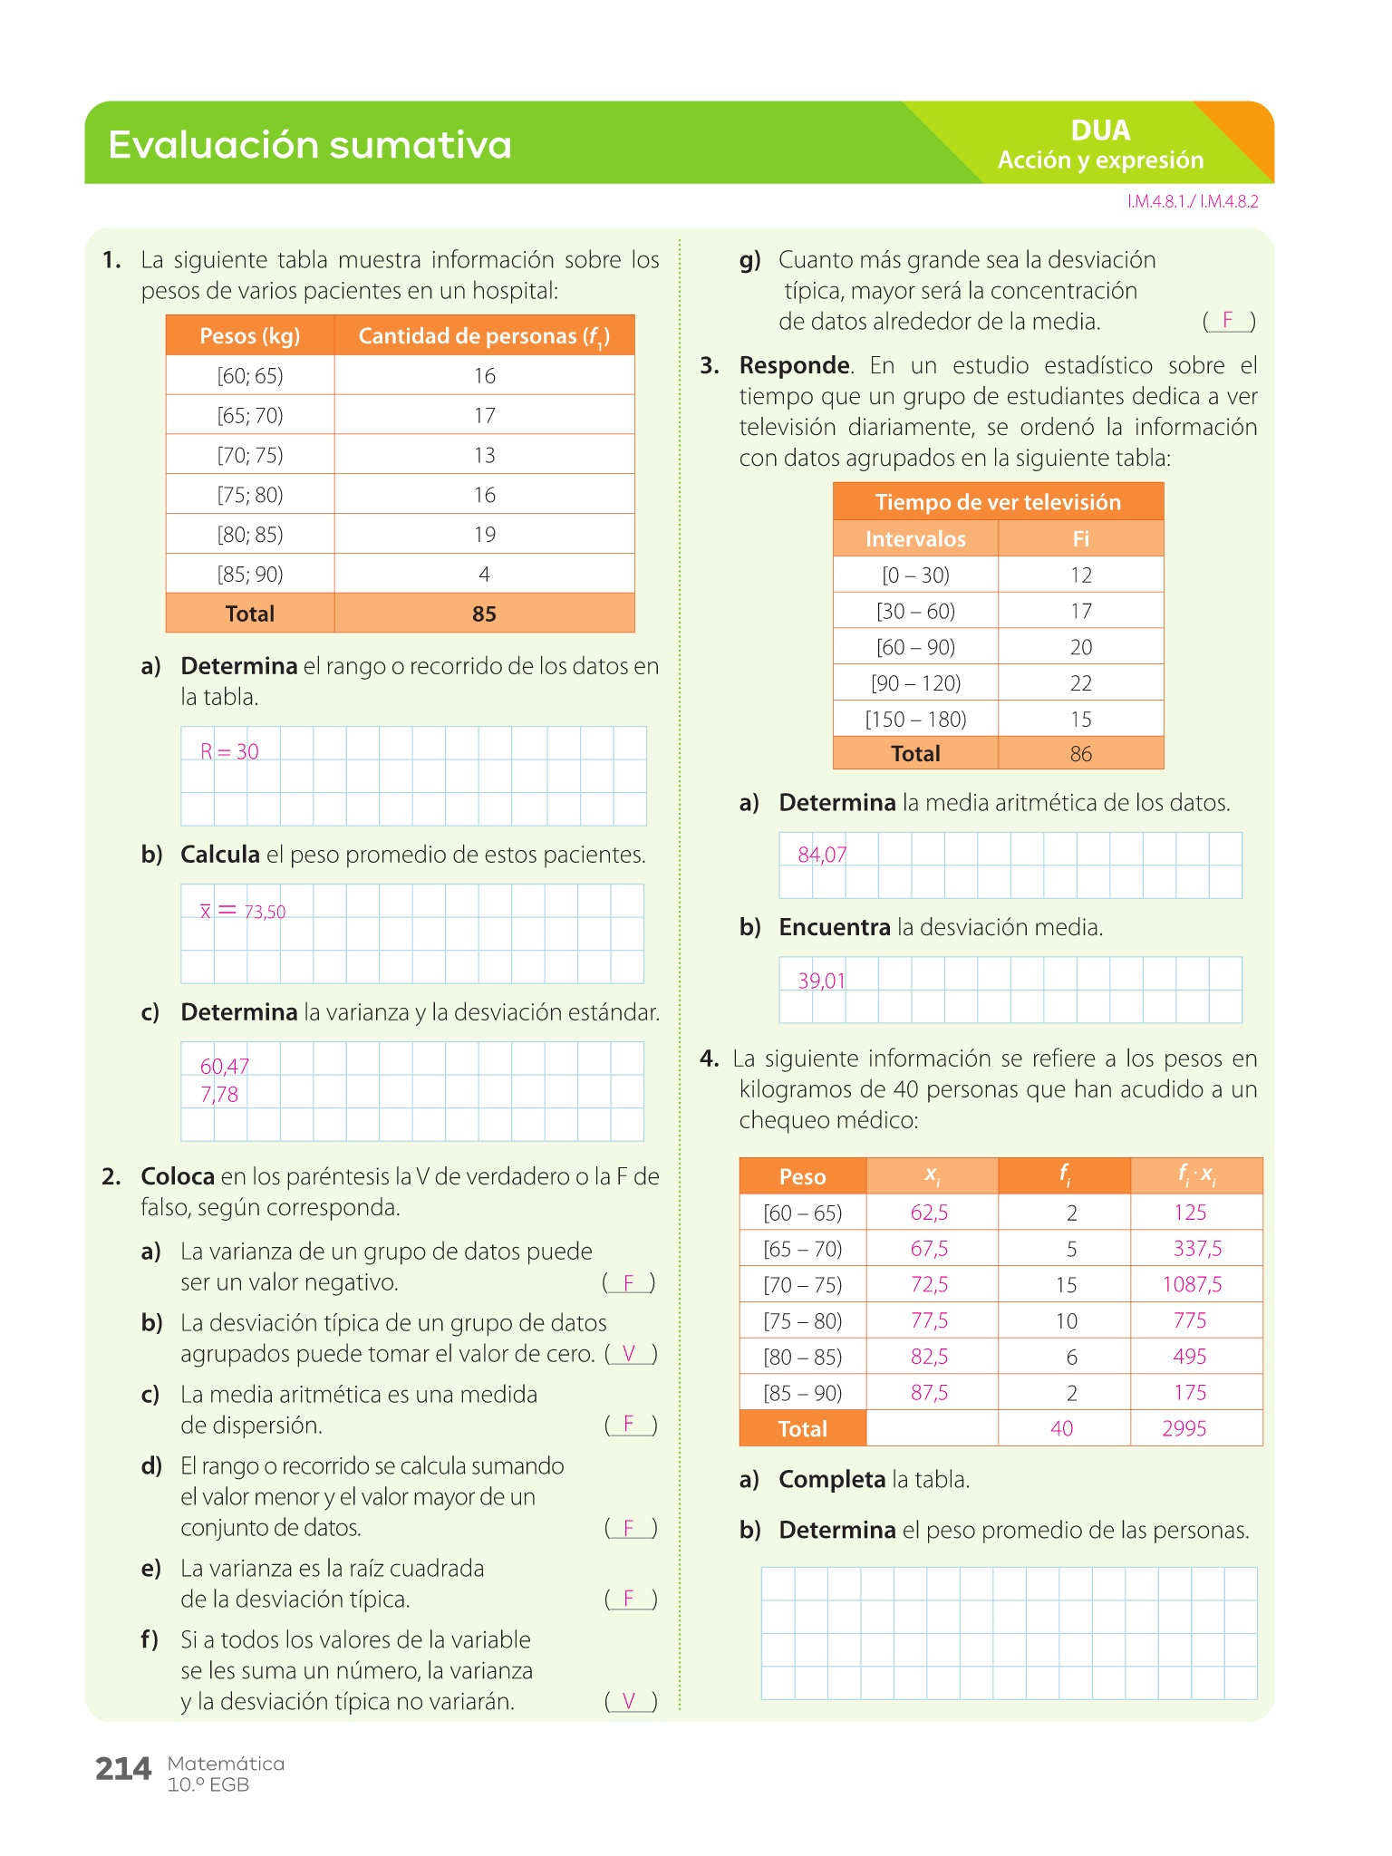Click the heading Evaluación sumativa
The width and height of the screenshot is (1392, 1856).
pyautogui.click(x=310, y=145)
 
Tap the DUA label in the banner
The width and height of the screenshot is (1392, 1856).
pyautogui.click(x=1100, y=130)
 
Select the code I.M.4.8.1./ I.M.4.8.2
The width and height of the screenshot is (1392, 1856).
pyautogui.click(x=1193, y=202)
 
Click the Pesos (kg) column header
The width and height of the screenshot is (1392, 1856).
pyautogui.click(x=249, y=336)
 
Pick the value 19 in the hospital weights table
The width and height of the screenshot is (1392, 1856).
pyautogui.click(x=485, y=535)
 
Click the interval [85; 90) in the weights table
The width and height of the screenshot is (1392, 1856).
pyautogui.click(x=250, y=575)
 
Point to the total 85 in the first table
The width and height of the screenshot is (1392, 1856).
pyautogui.click(x=485, y=614)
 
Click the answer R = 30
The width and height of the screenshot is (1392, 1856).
pyautogui.click(x=229, y=751)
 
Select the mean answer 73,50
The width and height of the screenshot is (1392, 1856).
pyautogui.click(x=265, y=912)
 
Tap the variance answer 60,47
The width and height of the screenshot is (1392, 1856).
pyautogui.click(x=224, y=1067)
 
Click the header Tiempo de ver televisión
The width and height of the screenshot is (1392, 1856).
pyautogui.click(x=998, y=502)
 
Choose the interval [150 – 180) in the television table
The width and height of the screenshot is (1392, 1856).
pyautogui.click(x=915, y=720)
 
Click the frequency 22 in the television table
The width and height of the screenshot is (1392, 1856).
pyautogui.click(x=1081, y=683)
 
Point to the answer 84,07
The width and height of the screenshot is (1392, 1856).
pyautogui.click(x=822, y=855)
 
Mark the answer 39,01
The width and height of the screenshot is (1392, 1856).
pyautogui.click(x=821, y=981)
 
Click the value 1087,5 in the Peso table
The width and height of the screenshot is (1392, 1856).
pyautogui.click(x=1192, y=1285)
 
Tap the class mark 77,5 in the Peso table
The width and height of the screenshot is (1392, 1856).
pyautogui.click(x=929, y=1321)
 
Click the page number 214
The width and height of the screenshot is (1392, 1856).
pyautogui.click(x=123, y=1769)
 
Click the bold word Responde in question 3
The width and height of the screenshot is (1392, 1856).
pyautogui.click(x=794, y=366)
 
